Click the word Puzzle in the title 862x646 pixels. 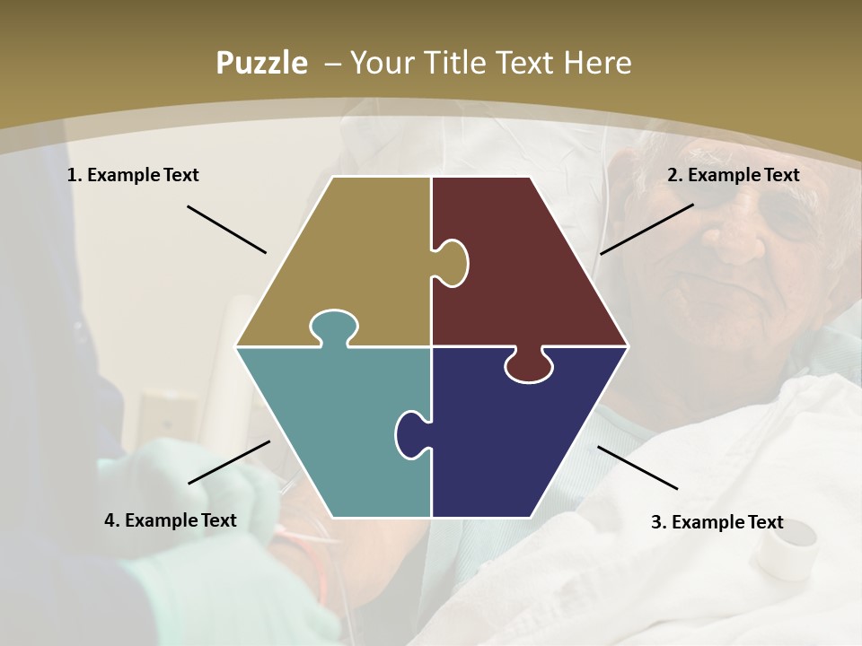pyautogui.click(x=261, y=64)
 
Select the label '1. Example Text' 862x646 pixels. pyautogui.click(x=133, y=175)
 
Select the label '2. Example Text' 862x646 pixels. pyautogui.click(x=733, y=175)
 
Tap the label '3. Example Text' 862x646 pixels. pyautogui.click(x=717, y=522)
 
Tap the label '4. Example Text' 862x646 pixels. pyautogui.click(x=171, y=520)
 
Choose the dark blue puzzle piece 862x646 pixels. pyautogui.click(x=521, y=440)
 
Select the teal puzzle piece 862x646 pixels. pyautogui.click(x=332, y=431)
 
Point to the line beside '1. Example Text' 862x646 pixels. pyautogui.click(x=226, y=229)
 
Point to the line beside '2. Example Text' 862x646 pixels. pyautogui.click(x=646, y=229)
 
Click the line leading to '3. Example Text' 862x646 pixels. pyautogui.click(x=638, y=467)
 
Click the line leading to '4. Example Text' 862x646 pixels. pyautogui.click(x=229, y=462)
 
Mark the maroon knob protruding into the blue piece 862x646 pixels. pyautogui.click(x=529, y=365)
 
